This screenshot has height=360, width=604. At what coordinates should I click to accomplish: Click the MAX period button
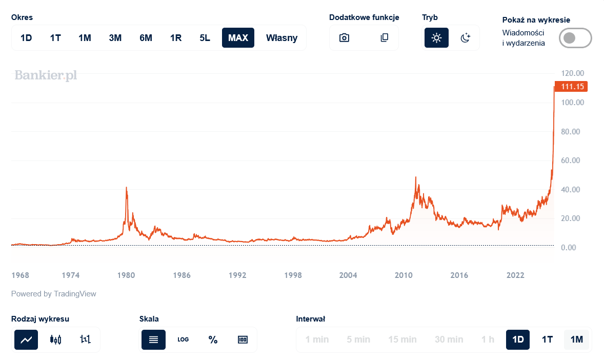point(238,38)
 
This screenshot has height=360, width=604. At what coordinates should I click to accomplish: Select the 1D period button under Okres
point(26,38)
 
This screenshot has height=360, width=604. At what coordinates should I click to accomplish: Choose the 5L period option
point(205,38)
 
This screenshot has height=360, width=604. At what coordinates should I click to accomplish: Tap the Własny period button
point(281,38)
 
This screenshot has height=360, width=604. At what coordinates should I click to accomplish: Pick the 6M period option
point(146,38)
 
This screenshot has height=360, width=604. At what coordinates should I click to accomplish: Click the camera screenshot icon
point(345,38)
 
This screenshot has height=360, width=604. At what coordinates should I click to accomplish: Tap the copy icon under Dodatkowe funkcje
point(385,38)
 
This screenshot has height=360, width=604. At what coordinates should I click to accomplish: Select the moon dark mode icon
point(466,38)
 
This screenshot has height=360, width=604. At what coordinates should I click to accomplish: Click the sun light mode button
point(436,38)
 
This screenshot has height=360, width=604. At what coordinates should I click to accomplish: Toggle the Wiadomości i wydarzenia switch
point(575,38)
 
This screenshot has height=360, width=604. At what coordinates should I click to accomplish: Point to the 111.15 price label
point(572,87)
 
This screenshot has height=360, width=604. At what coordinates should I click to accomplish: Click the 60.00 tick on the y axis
point(573,161)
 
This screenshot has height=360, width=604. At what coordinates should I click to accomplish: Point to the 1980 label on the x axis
point(126,275)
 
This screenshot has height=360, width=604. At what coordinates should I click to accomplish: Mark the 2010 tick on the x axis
point(404,275)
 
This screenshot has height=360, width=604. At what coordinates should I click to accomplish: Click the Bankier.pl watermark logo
point(46,75)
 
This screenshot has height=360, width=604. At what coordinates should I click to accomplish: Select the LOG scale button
point(183,339)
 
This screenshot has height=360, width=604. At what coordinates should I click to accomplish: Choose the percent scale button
point(213,339)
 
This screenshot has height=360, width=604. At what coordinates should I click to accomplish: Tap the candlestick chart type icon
point(56,339)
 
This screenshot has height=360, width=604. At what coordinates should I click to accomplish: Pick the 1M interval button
point(577,339)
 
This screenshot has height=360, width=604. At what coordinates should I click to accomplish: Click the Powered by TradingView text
point(54,294)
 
